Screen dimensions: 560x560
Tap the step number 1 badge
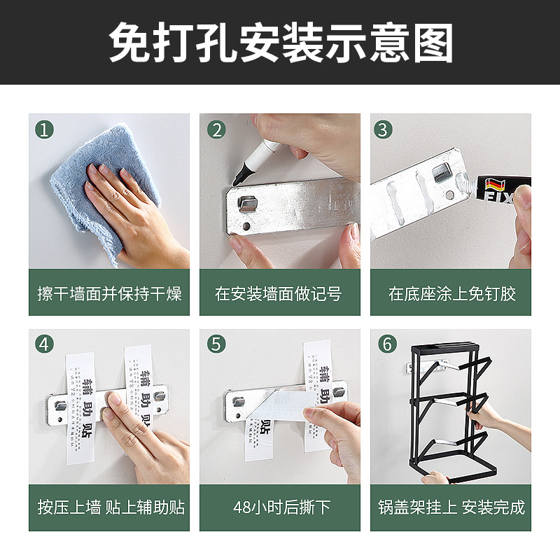(45, 129)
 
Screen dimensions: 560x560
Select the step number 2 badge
(216, 129)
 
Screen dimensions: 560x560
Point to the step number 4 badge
(45, 344)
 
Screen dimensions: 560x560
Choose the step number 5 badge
(216, 344)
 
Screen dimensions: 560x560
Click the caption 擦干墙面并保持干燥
(109, 293)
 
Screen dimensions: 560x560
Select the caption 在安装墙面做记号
(280, 293)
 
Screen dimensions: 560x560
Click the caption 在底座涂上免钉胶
(451, 293)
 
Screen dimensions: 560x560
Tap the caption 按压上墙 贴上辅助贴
(109, 507)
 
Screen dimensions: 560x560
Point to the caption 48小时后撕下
(280, 507)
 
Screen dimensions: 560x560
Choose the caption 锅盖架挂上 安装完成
(451, 507)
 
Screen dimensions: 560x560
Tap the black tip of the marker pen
(239, 173)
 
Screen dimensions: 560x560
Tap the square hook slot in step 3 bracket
(441, 171)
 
